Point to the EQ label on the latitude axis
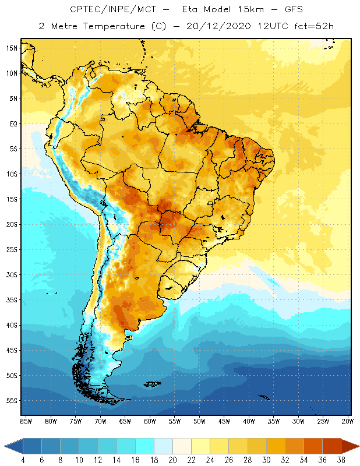(13, 123)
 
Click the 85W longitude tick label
(26, 421)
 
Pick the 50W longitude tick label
(199, 421)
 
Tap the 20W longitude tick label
(348, 421)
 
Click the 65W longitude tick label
(125, 421)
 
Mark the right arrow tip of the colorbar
(358, 446)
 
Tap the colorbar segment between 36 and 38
(331, 446)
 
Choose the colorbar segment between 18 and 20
(163, 446)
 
